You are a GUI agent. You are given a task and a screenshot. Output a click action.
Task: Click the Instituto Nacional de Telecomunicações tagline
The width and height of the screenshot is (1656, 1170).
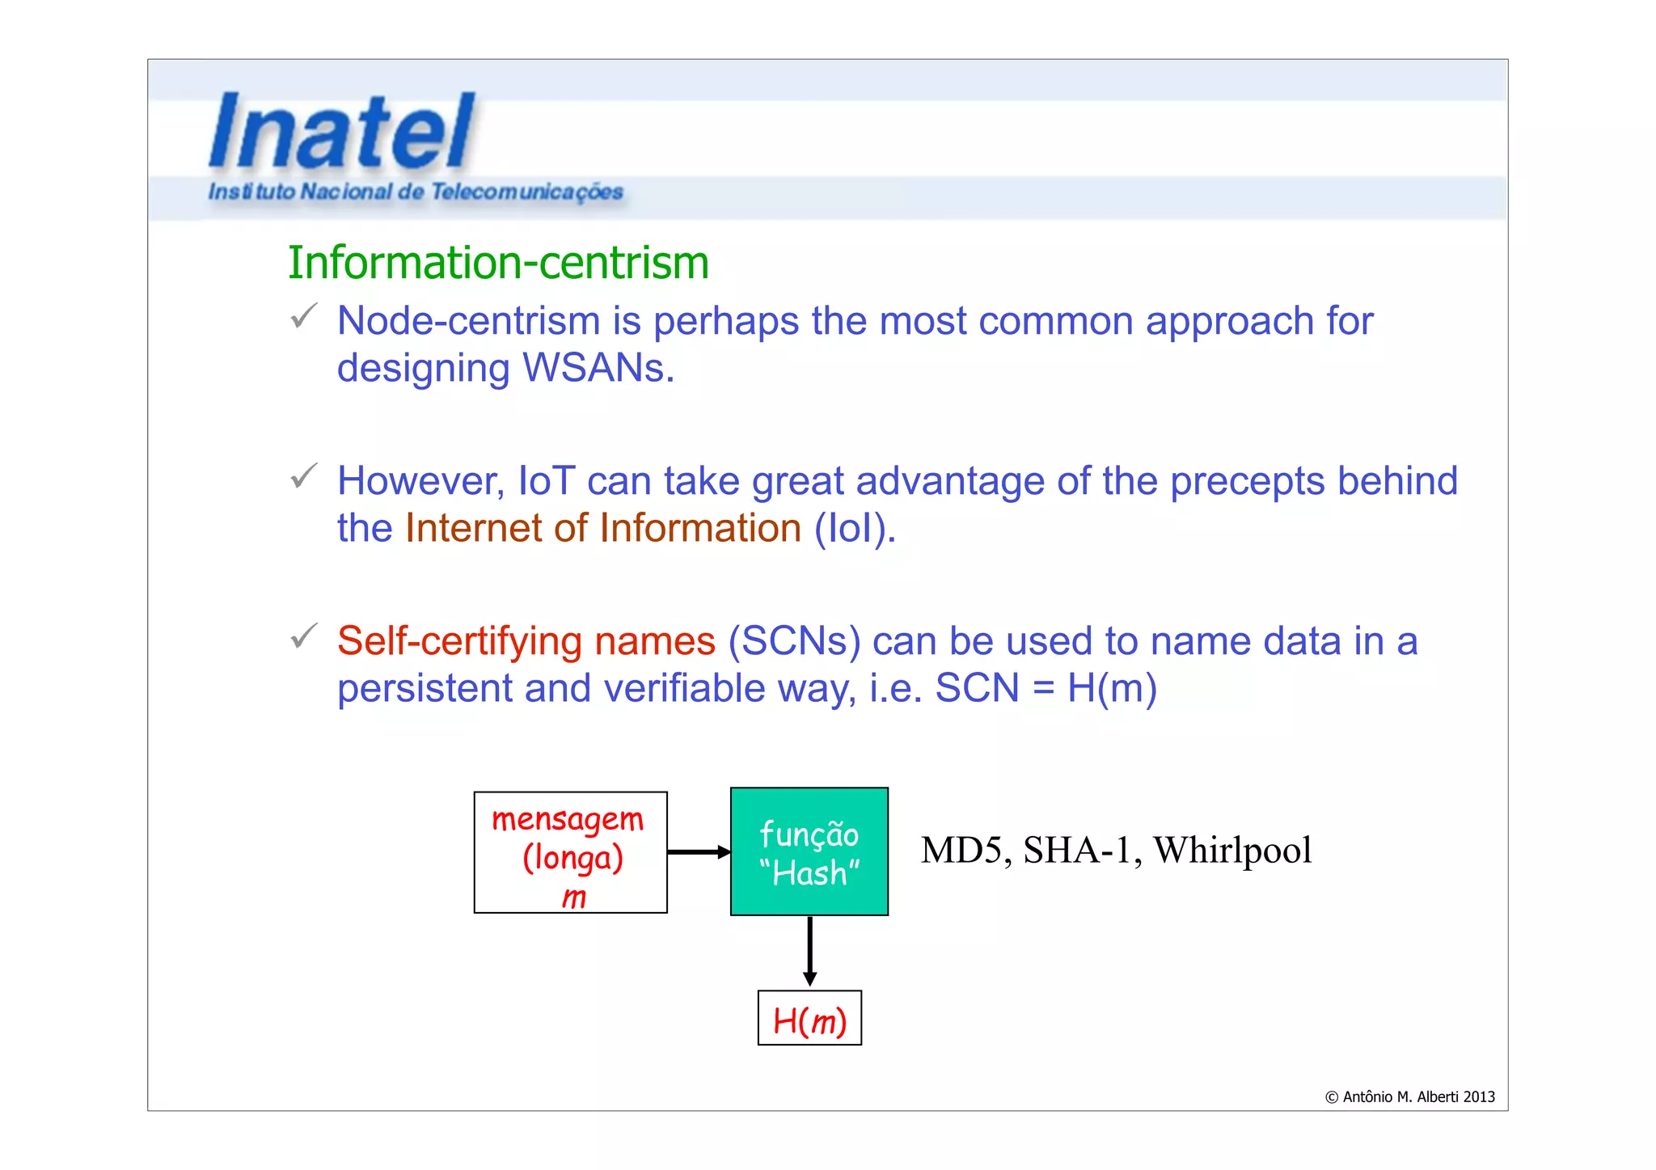point(416,192)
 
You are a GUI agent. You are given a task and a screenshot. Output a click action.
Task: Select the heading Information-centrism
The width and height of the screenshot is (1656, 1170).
point(498,263)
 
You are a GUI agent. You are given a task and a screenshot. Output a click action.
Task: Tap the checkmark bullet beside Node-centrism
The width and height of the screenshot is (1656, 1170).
point(304,316)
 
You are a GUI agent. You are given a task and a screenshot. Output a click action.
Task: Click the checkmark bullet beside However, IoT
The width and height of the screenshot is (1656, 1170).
point(304,476)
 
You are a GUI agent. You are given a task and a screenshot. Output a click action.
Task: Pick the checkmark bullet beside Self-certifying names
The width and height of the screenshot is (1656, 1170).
point(304,636)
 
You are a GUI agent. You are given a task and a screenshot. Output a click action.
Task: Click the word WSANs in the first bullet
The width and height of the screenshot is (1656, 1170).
point(598,368)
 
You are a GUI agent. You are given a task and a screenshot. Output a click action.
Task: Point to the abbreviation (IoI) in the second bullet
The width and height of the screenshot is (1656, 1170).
point(855,528)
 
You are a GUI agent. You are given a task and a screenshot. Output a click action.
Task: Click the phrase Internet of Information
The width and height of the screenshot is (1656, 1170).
point(602,528)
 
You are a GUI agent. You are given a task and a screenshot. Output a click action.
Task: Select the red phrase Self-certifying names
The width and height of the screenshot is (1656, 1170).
point(526,641)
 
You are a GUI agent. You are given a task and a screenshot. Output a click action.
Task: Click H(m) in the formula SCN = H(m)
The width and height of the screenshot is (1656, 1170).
point(1112,688)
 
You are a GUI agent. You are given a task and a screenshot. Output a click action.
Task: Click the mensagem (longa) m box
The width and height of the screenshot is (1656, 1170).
point(571,853)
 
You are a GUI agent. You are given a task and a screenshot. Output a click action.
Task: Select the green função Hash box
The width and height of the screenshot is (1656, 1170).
point(809,851)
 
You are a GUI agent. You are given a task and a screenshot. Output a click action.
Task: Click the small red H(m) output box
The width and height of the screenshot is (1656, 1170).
point(809,1019)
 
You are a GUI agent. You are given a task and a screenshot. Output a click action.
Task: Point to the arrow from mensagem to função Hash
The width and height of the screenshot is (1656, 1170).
point(698,852)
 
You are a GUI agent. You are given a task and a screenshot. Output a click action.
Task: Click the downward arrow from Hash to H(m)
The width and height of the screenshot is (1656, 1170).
point(809,951)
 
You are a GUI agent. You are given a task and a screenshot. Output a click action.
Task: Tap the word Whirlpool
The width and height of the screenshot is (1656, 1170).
point(1231,851)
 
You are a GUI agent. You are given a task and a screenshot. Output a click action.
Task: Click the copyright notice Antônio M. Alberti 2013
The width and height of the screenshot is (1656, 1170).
point(1409,1097)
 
